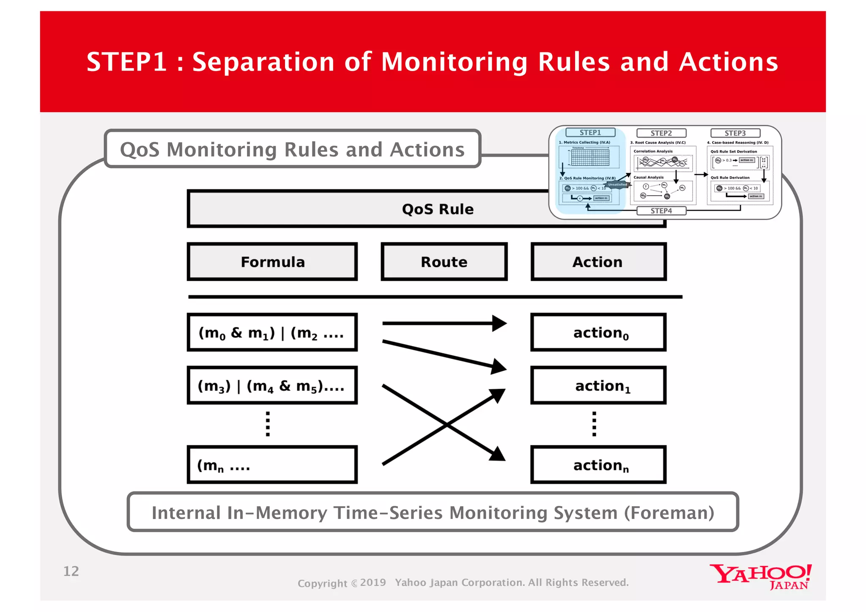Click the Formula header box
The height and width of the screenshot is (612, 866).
(272, 262)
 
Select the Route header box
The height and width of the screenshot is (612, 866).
(444, 262)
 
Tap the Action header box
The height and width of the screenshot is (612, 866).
(598, 262)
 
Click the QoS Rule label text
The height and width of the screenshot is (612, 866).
(438, 209)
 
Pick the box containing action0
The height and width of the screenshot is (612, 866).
(598, 332)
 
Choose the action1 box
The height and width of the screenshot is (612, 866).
(598, 385)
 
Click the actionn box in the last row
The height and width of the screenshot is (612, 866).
(598, 465)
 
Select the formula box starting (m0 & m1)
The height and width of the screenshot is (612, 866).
(272, 332)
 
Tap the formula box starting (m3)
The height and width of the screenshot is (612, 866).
(272, 385)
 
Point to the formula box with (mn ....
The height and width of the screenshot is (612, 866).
(272, 465)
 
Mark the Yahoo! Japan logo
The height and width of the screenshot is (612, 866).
(760, 576)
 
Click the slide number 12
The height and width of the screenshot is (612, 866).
(71, 571)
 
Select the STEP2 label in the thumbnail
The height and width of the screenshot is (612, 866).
(661, 133)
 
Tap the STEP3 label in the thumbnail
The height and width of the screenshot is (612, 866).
(735, 133)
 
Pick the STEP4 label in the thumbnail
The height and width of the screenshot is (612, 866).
(661, 211)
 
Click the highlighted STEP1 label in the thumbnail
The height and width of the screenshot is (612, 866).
(590, 132)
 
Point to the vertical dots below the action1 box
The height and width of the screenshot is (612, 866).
(594, 424)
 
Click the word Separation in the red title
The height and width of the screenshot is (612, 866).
(264, 62)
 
